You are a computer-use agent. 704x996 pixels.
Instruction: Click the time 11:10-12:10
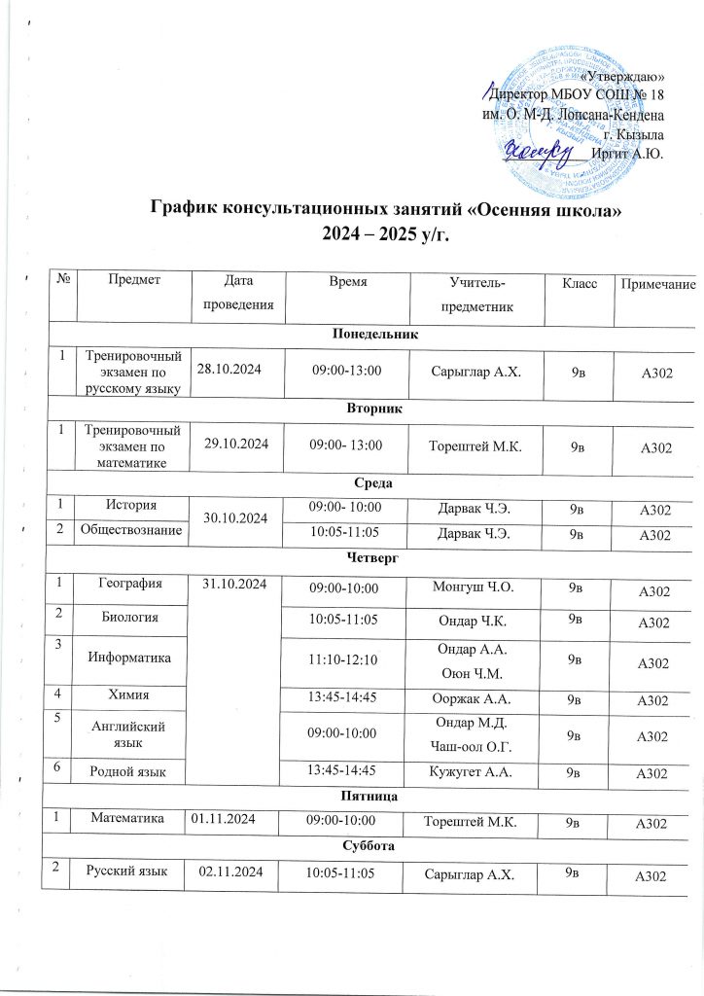click(344, 659)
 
